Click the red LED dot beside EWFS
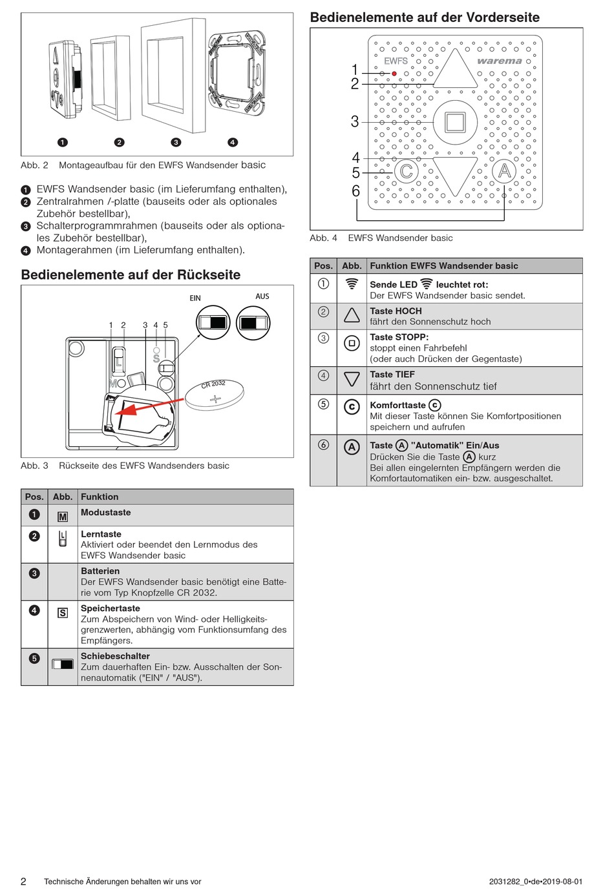coord(394,74)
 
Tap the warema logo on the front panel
coord(499,61)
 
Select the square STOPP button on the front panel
coord(455,122)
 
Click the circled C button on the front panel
coord(406,172)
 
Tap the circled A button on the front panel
coord(504,171)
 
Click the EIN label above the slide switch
coord(195,298)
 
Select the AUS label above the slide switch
coord(262,296)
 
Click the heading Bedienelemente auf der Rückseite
coord(131,274)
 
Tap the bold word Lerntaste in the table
coord(101,534)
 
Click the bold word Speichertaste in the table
coord(110,608)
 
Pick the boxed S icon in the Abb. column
coord(63,613)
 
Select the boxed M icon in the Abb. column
coord(63,517)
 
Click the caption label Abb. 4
coord(323,238)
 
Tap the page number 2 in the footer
coord(24,881)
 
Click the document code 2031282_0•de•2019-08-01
coord(536,881)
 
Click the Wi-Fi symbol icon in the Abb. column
coord(352,284)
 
